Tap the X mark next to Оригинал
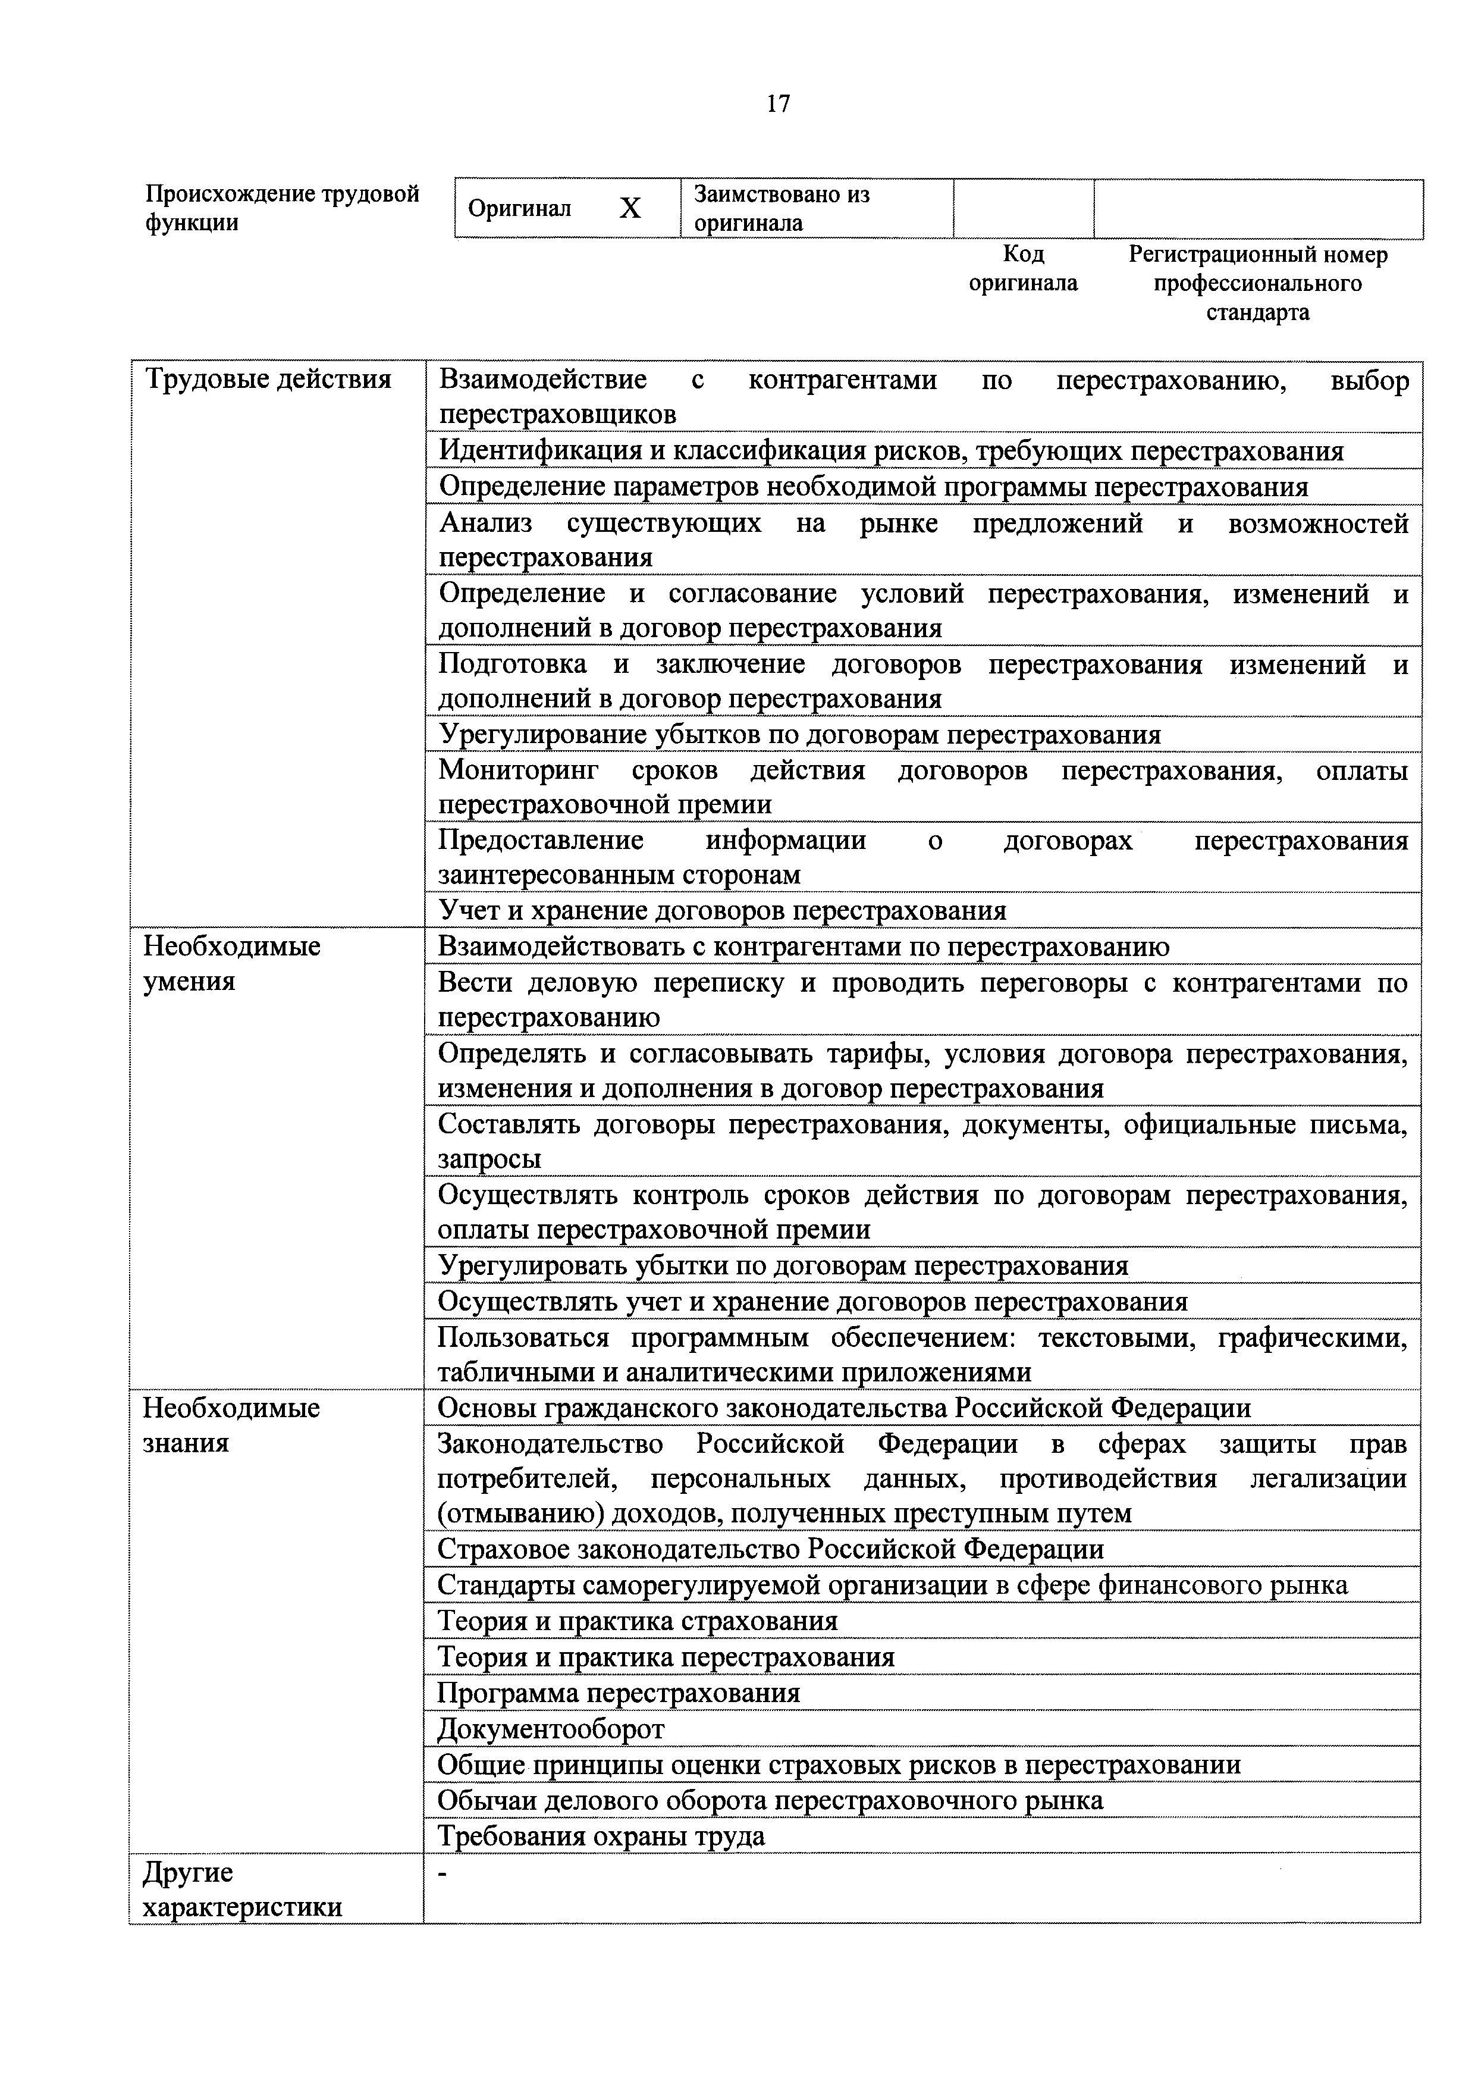(x=630, y=209)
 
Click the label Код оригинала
(x=1024, y=268)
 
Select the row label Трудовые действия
(x=268, y=379)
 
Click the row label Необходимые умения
(x=232, y=964)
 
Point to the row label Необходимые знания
(x=232, y=1425)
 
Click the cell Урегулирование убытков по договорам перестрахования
(x=800, y=735)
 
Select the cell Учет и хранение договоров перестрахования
(x=723, y=911)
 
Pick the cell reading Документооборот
(x=551, y=1729)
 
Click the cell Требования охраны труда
(x=602, y=1836)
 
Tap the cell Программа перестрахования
(x=619, y=1693)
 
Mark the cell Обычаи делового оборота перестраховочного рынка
(x=771, y=1801)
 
